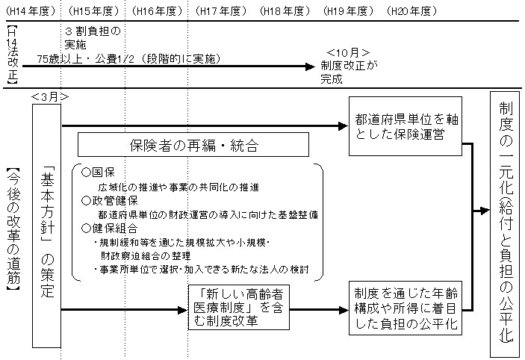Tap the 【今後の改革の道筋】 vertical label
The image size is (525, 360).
coord(11,228)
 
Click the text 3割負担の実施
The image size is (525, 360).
coord(93,38)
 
